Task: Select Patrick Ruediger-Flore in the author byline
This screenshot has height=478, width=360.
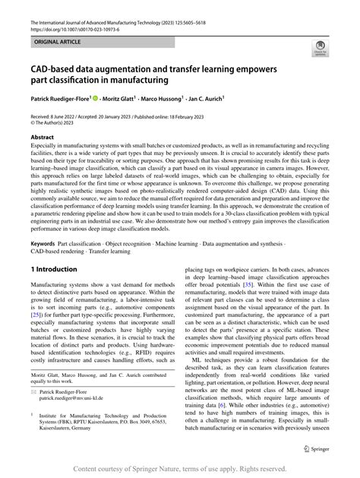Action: pyautogui.click(x=59, y=99)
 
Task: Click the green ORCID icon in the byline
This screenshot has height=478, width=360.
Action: pyautogui.click(x=96, y=99)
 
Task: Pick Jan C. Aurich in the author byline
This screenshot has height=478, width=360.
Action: pyautogui.click(x=226, y=99)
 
